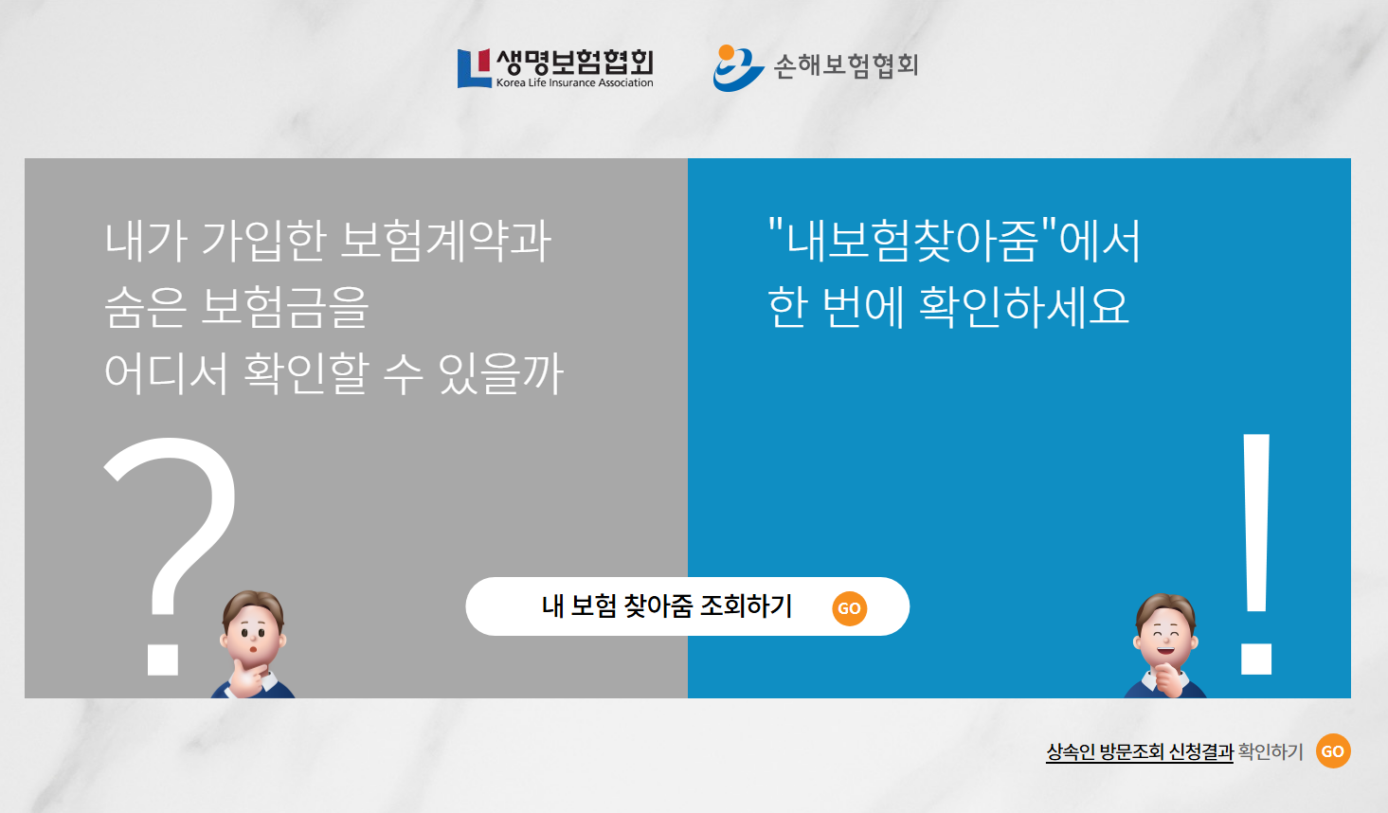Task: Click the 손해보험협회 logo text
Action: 846,65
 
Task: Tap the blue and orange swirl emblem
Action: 737,68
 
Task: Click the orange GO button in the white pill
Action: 849,608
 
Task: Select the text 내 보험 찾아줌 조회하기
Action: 667,606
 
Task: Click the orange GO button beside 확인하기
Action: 1333,751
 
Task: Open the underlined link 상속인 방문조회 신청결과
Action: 1139,751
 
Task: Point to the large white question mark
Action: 171,531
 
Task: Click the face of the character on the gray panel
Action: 252,630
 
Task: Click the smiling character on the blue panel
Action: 1166,644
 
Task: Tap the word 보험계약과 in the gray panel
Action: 445,241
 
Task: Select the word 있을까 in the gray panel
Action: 501,373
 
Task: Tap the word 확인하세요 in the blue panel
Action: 1024,307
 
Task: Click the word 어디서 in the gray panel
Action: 167,373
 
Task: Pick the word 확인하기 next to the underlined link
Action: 1271,751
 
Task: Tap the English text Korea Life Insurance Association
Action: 574,83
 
